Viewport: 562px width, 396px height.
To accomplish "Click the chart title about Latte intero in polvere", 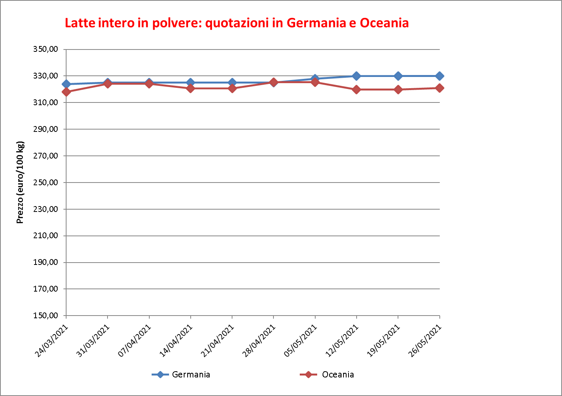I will [236, 23].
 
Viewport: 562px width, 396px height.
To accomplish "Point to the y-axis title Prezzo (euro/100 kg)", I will [20, 183].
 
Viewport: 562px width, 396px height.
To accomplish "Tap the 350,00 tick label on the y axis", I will [46, 49].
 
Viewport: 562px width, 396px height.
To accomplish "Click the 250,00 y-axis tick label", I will [46, 183].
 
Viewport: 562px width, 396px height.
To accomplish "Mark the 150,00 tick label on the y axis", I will [46, 316].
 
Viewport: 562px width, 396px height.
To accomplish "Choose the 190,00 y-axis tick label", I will [46, 262].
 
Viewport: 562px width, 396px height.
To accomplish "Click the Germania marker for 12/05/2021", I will [357, 76].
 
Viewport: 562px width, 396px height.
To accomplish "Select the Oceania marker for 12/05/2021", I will [357, 90].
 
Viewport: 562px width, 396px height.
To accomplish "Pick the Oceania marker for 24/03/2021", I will [66, 92].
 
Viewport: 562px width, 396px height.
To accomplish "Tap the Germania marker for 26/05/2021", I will [439, 76].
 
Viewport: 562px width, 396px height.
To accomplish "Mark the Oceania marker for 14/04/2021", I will [190, 88].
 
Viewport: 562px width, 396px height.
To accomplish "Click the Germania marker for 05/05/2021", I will [315, 79].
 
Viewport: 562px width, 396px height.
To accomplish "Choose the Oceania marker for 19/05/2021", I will [398, 90].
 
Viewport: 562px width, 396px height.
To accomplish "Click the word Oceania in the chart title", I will [384, 23].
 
